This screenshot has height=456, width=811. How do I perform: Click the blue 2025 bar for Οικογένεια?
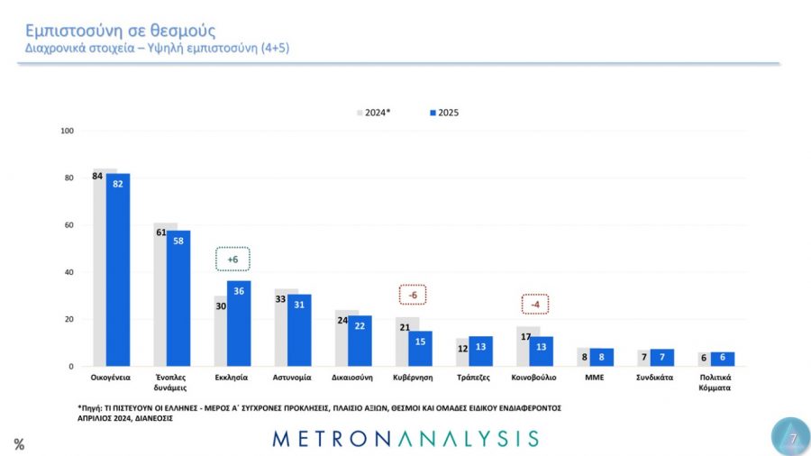(x=118, y=269)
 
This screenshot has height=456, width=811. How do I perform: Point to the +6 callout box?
(x=232, y=260)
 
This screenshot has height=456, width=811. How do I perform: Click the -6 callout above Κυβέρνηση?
(x=413, y=295)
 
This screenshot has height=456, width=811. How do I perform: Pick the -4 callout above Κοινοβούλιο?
(x=535, y=304)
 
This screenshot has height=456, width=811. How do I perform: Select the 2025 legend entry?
(x=444, y=113)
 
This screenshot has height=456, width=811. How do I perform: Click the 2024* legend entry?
(x=373, y=113)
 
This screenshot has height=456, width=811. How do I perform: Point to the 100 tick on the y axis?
(x=67, y=131)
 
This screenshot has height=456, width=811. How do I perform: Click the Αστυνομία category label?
(x=293, y=378)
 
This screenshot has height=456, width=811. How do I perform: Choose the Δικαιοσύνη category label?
(x=353, y=378)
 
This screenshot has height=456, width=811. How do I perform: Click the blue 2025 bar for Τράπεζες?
(x=480, y=351)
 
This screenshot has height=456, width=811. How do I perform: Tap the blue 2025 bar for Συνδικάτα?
(x=662, y=357)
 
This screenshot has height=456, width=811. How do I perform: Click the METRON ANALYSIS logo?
(x=405, y=439)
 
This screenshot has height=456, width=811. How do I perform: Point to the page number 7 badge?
(x=790, y=437)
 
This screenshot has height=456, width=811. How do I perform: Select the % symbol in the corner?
(x=19, y=443)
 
